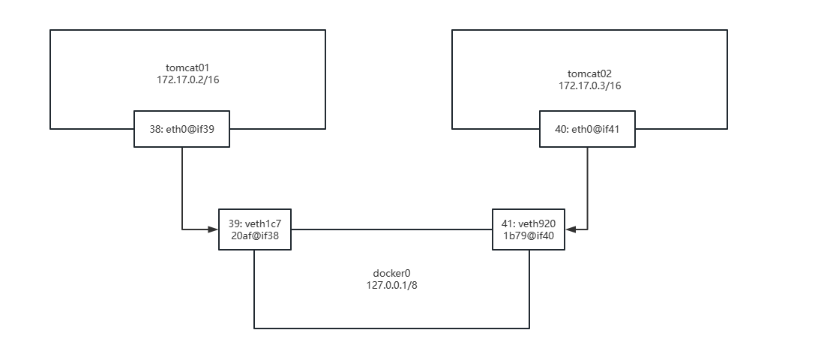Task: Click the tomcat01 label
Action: pos(187,67)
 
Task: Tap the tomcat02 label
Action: pos(589,73)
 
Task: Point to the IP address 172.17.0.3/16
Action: pos(589,85)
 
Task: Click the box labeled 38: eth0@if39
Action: pos(181,129)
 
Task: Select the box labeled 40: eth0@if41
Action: pos(588,129)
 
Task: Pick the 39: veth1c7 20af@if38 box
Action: pos(254,229)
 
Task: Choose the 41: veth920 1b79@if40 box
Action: pos(529,229)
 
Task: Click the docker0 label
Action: pos(390,274)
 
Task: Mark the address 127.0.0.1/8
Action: pos(390,286)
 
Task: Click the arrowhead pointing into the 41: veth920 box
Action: pos(572,228)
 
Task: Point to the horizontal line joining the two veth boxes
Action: pos(390,228)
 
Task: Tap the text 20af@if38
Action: pos(255,235)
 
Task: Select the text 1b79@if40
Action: pos(529,235)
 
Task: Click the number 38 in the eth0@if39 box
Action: pos(154,129)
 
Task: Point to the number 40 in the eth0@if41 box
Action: pos(561,129)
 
